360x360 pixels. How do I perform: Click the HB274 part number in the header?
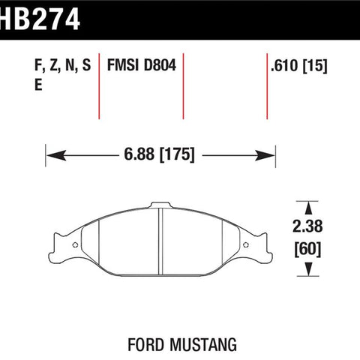tap(40, 19)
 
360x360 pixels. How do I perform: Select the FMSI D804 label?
tap(142, 65)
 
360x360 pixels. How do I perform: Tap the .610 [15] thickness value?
tap(299, 66)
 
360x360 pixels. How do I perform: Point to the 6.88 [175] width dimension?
tap(159, 154)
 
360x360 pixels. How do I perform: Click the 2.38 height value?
tap(307, 226)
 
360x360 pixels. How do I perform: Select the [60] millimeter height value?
tap(307, 249)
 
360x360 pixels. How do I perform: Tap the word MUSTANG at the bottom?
tap(203, 344)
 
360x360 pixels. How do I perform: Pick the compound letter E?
tap(38, 85)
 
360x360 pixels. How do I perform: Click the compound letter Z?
tap(54, 65)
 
